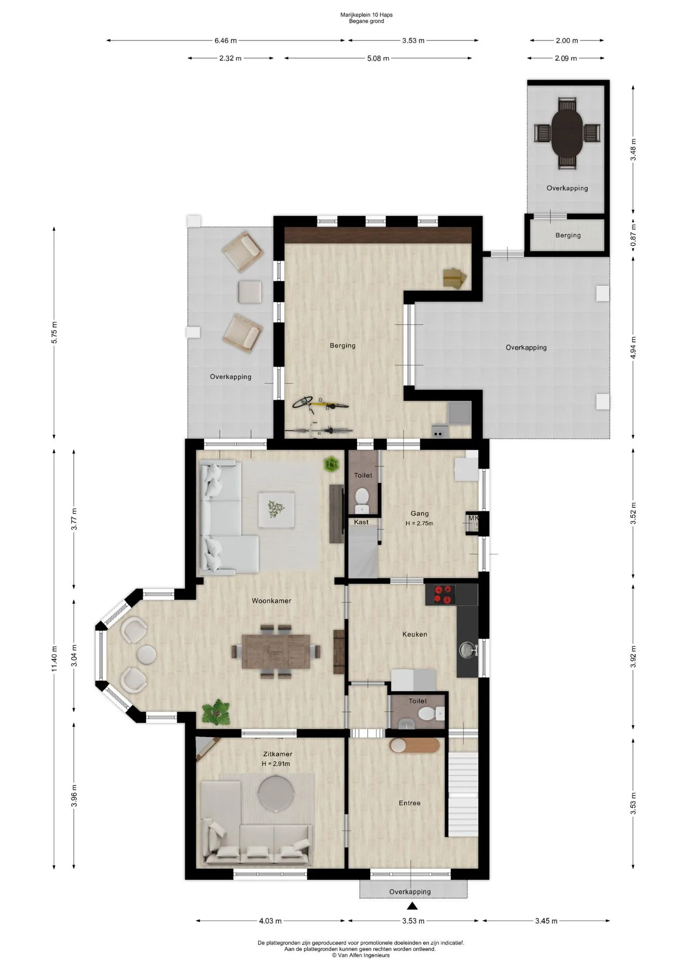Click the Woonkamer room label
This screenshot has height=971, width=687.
[x=272, y=601]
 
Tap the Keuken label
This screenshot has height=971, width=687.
[x=415, y=634]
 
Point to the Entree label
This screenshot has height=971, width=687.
[x=409, y=803]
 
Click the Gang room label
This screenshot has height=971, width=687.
[x=419, y=513]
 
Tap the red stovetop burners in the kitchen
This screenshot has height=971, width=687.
[x=441, y=594]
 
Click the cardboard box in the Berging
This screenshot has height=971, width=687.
[x=454, y=278]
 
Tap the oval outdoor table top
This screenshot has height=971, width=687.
[x=567, y=133]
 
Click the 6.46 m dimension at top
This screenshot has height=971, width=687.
[x=226, y=40]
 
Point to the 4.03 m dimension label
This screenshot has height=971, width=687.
[x=270, y=921]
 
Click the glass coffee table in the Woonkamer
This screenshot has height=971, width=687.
[x=276, y=509]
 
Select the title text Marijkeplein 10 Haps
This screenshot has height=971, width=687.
[x=366, y=15]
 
